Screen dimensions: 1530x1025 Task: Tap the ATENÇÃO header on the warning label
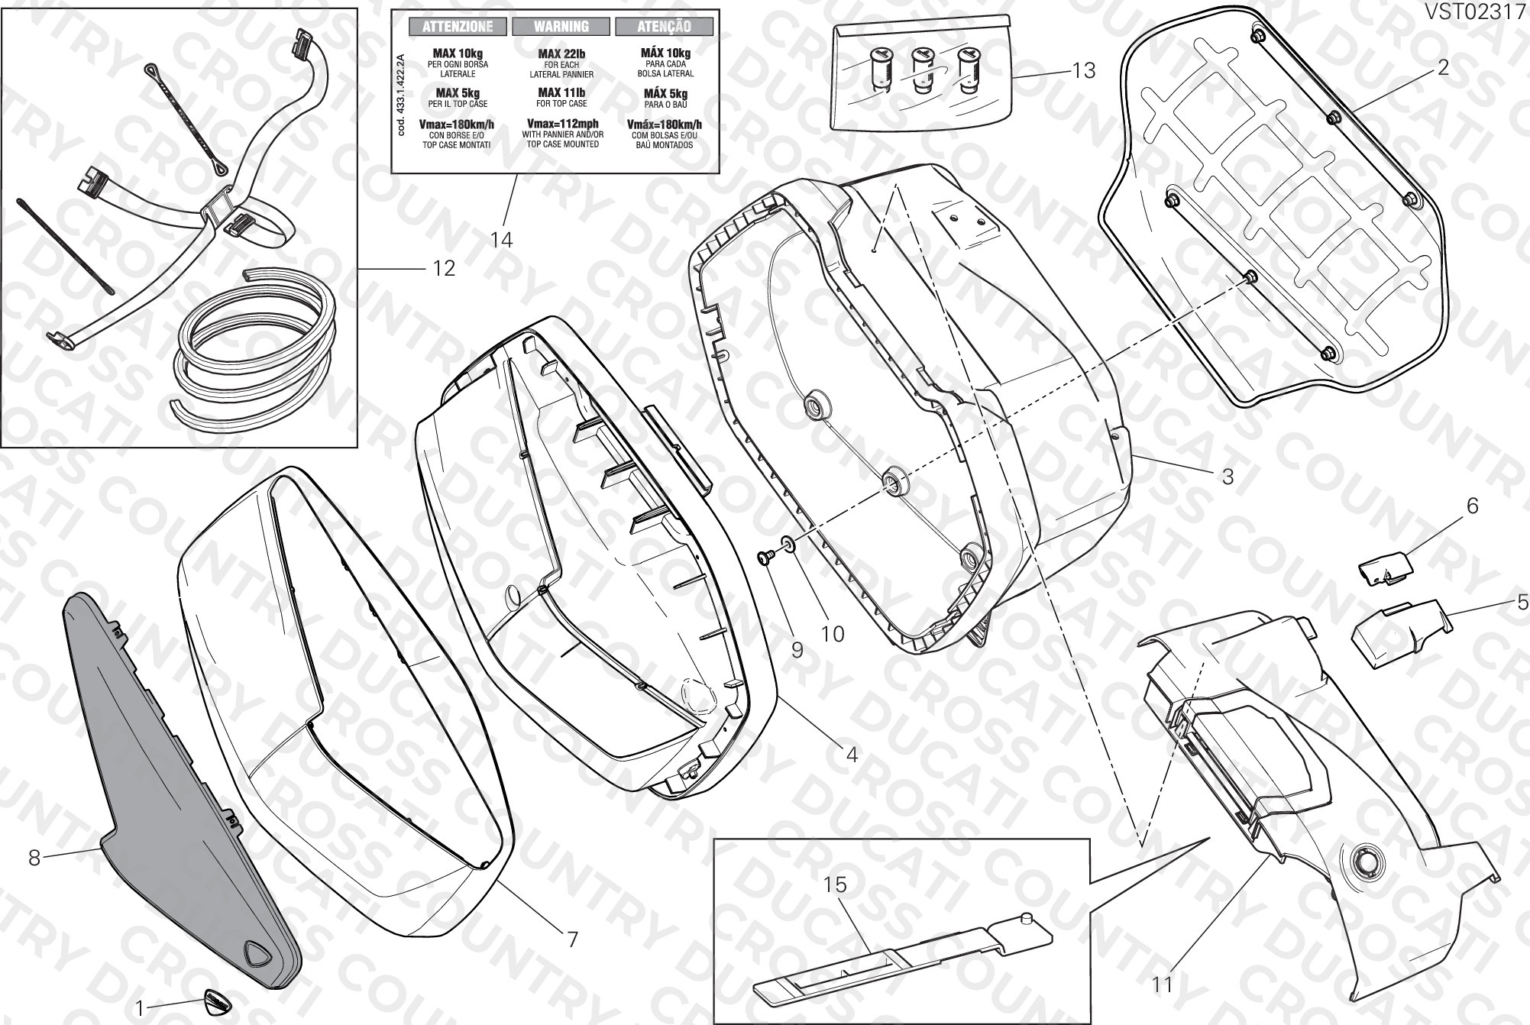[664, 27]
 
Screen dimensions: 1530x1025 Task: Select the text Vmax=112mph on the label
[561, 124]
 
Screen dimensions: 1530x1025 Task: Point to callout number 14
[501, 240]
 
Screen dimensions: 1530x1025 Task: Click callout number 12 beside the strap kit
[444, 268]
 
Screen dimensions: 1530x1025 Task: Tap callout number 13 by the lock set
[1084, 71]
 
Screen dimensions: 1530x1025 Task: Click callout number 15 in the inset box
[836, 884]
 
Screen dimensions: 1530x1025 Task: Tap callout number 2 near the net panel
[1443, 67]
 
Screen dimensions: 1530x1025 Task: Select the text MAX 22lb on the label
[561, 53]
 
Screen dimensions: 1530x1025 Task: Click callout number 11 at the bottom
[1162, 985]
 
